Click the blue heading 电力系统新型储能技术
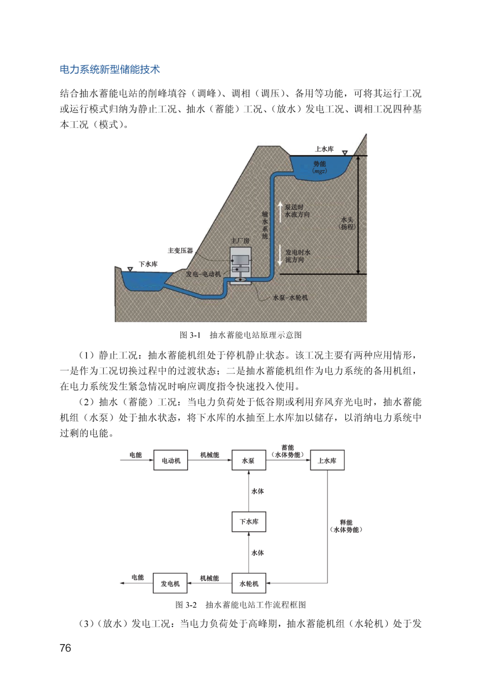click(110, 70)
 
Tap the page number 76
click(65, 648)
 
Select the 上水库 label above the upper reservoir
click(324, 149)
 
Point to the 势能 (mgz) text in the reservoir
click(319, 167)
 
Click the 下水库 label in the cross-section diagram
click(148, 264)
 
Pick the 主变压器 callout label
click(180, 250)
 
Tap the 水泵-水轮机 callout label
click(290, 298)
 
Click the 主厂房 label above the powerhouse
click(240, 241)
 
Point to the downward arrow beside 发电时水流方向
click(280, 255)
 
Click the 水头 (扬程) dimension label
click(347, 223)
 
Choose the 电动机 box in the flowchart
click(171, 461)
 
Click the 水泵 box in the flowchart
click(248, 461)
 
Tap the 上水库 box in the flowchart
click(327, 461)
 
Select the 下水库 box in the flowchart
click(249, 521)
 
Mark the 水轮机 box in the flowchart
click(249, 583)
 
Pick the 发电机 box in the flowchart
click(170, 583)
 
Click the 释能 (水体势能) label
click(346, 526)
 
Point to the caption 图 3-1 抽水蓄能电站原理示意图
click(241, 335)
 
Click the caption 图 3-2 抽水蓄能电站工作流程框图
click(241, 605)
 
